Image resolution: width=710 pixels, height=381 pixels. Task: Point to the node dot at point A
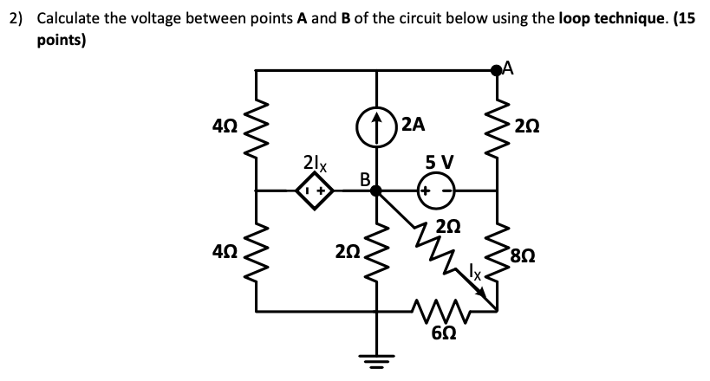tap(498, 71)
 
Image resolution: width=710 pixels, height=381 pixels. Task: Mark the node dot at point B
tap(376, 192)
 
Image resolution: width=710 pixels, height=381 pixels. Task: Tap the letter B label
tap(365, 179)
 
